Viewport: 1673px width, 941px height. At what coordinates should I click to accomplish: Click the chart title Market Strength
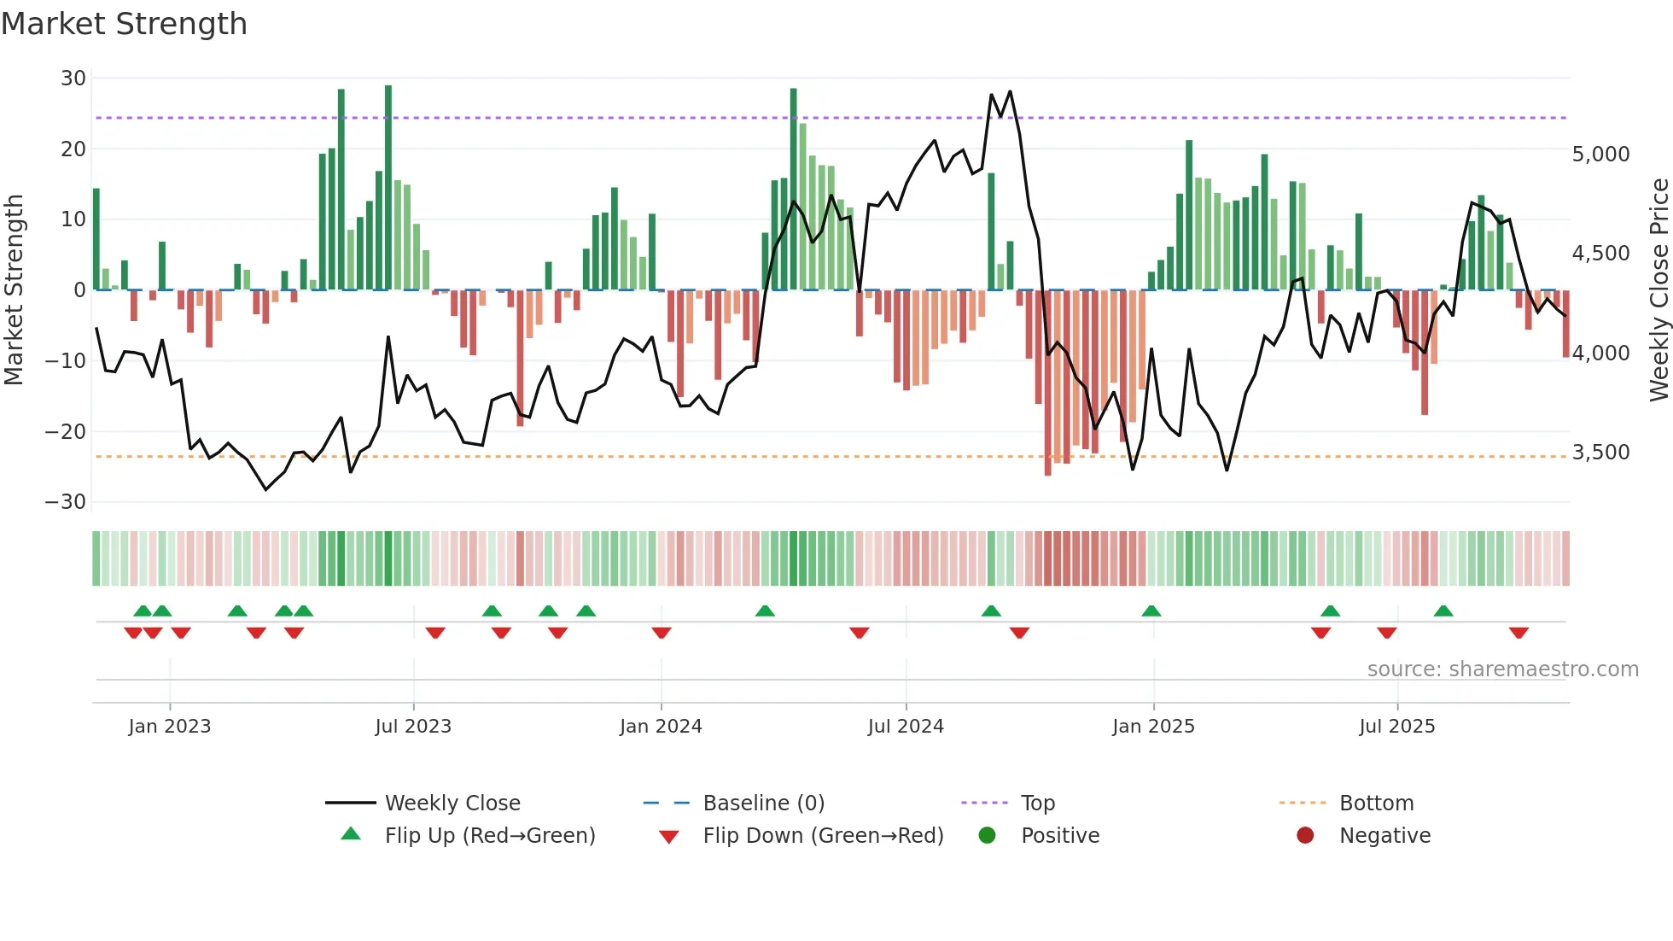coord(124,24)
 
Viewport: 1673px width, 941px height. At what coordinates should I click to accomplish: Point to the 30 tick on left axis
coord(73,79)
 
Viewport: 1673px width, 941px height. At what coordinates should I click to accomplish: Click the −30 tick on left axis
coord(66,502)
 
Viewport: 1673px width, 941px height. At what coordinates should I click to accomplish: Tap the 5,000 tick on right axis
coord(1600,155)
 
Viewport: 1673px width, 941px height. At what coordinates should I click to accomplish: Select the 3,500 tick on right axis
coord(1600,453)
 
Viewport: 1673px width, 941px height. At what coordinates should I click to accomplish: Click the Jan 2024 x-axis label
coord(661,727)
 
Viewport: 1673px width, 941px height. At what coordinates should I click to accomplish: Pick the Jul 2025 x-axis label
coord(1396,727)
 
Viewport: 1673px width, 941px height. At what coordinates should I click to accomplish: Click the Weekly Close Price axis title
coord(1658,290)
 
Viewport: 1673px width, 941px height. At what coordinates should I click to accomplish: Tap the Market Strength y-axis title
coord(14,290)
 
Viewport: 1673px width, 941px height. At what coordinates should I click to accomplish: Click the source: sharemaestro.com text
coord(1502,669)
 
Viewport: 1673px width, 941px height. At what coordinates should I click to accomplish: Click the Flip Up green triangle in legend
coord(351,834)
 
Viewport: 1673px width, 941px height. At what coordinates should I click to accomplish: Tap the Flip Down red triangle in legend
coord(669,837)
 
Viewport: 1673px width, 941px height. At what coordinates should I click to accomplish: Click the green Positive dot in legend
coord(987,835)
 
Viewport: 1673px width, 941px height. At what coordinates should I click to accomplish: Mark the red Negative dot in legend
coord(1305,835)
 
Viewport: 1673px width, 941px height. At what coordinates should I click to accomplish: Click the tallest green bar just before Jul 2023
coord(388,188)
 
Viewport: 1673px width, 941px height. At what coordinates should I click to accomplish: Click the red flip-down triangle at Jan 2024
coord(662,633)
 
